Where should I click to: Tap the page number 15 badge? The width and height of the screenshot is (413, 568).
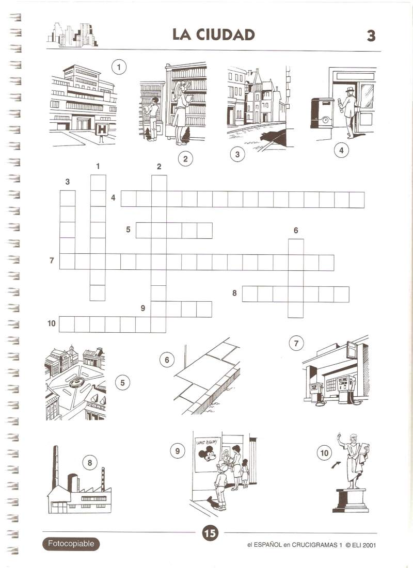[x=210, y=533]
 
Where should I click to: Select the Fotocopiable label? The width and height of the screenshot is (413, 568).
[x=71, y=544]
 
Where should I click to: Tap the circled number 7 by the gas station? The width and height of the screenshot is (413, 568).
[x=296, y=343]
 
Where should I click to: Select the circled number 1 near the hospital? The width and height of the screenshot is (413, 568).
[x=119, y=67]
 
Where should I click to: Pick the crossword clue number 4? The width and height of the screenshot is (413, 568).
[x=113, y=198]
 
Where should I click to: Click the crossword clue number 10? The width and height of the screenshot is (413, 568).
[x=52, y=323]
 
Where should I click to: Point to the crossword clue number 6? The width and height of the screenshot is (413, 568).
[x=296, y=231]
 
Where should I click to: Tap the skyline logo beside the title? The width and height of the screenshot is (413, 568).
[x=72, y=35]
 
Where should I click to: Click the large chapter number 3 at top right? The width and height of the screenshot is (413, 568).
[x=371, y=36]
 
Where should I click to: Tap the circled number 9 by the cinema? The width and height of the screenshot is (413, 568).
[x=177, y=451]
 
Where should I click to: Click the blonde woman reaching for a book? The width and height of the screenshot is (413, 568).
[x=180, y=112]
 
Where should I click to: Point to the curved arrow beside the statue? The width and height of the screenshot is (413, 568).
[x=336, y=464]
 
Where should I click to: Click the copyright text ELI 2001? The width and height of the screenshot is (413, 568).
[x=361, y=545]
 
